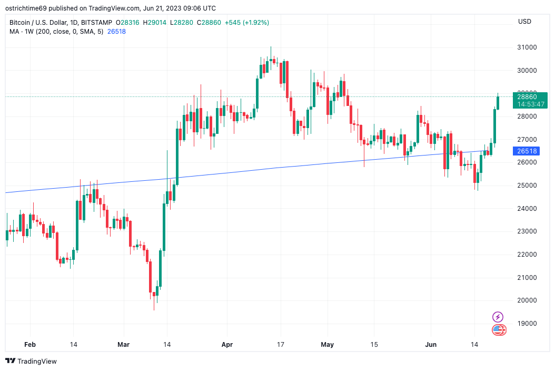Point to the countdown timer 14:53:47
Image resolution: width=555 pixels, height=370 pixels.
(530, 104)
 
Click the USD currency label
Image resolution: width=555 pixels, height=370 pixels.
(524, 22)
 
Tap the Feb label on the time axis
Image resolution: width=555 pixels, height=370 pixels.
(30, 345)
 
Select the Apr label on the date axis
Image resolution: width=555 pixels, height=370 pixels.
(227, 345)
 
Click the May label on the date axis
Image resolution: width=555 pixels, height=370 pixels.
(328, 345)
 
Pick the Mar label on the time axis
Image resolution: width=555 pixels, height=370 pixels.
(123, 345)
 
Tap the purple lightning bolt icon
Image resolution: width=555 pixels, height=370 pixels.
(498, 317)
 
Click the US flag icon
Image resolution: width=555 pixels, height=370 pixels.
(498, 330)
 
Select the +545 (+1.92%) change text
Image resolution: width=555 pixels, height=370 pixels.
(247, 23)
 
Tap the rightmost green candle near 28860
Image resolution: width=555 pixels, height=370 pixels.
(498, 102)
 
